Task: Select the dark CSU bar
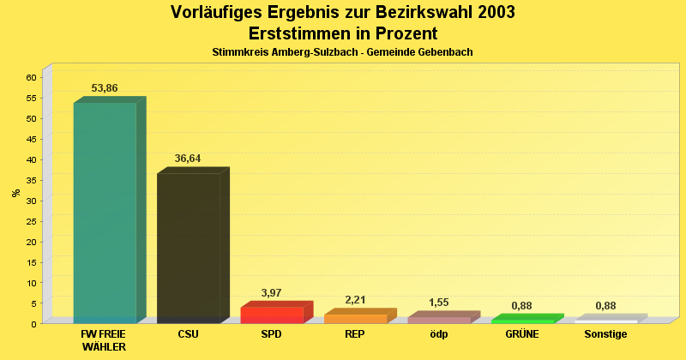pyautogui.click(x=188, y=248)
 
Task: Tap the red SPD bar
pyautogui.click(x=272, y=315)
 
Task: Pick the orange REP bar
pyautogui.click(x=355, y=318)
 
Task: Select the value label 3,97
pyautogui.click(x=272, y=293)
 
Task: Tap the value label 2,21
pyautogui.click(x=355, y=300)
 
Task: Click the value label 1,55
pyautogui.click(x=438, y=303)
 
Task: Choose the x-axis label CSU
pyautogui.click(x=188, y=334)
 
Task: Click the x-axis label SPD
pyautogui.click(x=271, y=334)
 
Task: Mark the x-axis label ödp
pyautogui.click(x=438, y=334)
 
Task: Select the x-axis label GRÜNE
pyautogui.click(x=521, y=334)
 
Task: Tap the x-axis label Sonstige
pyautogui.click(x=605, y=334)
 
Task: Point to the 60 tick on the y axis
pyautogui.click(x=31, y=77)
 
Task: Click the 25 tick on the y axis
pyautogui.click(x=31, y=221)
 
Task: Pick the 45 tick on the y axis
pyautogui.click(x=31, y=139)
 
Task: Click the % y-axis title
pyautogui.click(x=15, y=193)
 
